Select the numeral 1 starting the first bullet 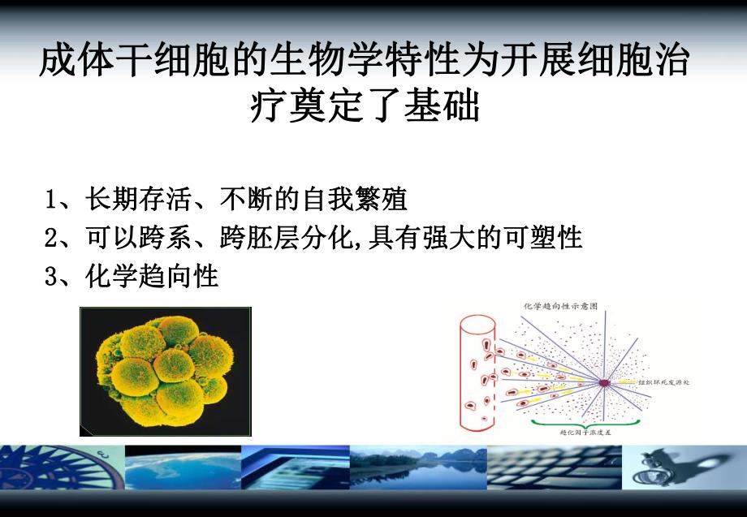pyautogui.click(x=50, y=200)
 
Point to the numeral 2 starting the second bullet pyautogui.click(x=50, y=239)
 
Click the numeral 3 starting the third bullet pyautogui.click(x=50, y=278)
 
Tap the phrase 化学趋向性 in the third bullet pyautogui.click(x=152, y=277)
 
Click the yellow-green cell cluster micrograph pyautogui.click(x=165, y=371)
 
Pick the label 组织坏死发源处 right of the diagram pyautogui.click(x=664, y=381)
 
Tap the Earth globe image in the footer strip pyautogui.click(x=183, y=468)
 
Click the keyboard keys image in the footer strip pyautogui.click(x=568, y=468)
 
